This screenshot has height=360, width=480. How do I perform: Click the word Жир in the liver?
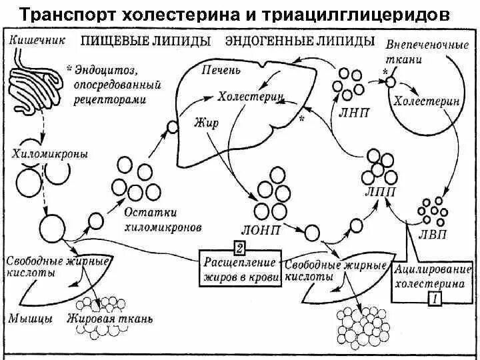[203, 123]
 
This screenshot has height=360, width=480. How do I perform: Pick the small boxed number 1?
[434, 299]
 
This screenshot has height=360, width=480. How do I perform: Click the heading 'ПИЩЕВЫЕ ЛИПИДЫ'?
[146, 42]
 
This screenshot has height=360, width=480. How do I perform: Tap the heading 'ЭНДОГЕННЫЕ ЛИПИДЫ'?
[299, 42]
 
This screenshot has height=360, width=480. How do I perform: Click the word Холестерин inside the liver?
[251, 98]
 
